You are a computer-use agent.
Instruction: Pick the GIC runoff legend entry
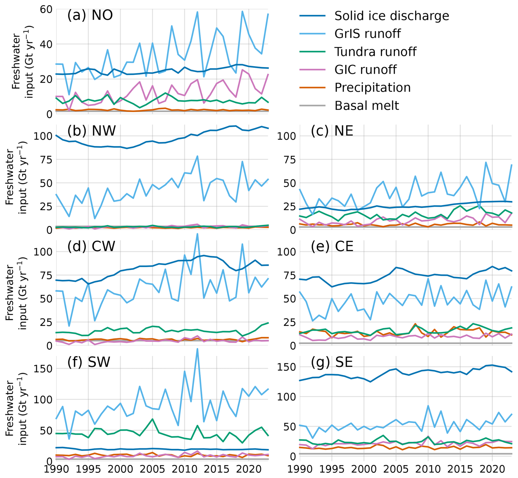tap(365, 70)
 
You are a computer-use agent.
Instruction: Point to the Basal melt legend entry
tap(367, 106)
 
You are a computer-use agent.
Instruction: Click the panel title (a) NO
tap(90, 15)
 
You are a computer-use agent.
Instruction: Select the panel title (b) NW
tap(91, 131)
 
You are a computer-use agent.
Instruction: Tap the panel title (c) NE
tap(332, 131)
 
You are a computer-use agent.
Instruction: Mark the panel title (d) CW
tap(91, 246)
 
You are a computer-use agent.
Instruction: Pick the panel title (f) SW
tap(89, 362)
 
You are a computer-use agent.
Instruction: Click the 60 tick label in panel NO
tap(46, 10)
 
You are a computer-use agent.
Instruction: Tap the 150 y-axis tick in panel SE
tap(286, 367)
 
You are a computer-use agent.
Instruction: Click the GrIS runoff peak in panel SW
tap(197, 349)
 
